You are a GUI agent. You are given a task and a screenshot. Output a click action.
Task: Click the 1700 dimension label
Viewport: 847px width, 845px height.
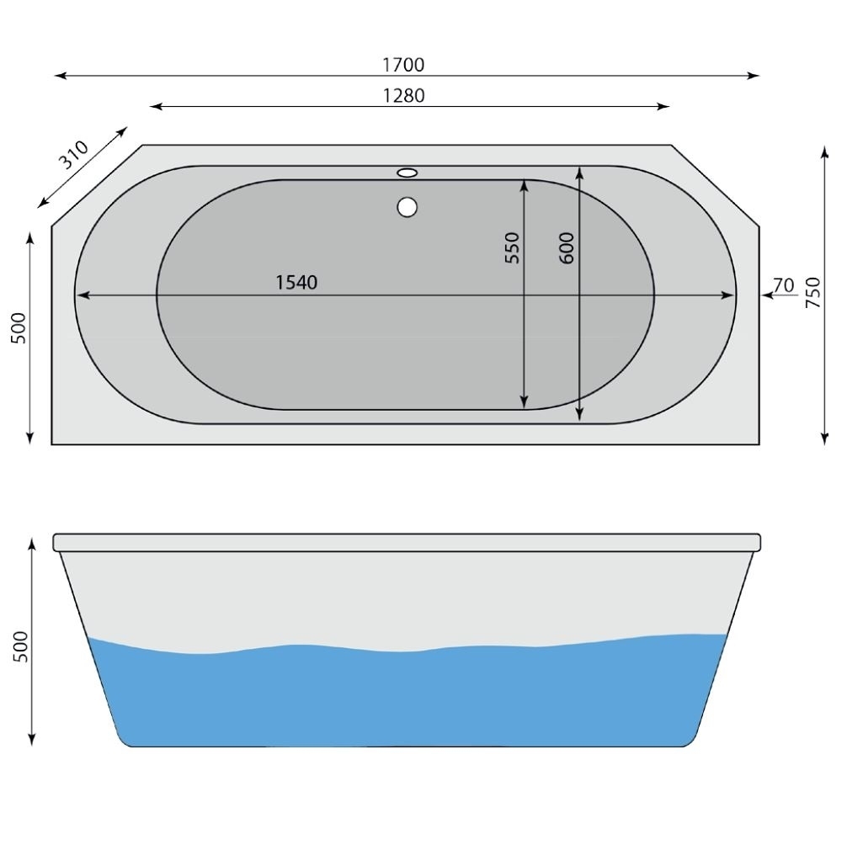(404, 65)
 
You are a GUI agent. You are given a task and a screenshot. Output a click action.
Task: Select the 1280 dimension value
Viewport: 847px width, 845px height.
(404, 96)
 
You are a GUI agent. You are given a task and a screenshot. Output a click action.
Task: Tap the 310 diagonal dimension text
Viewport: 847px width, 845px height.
(73, 155)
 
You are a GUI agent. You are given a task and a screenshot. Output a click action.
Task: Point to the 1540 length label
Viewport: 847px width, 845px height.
(297, 283)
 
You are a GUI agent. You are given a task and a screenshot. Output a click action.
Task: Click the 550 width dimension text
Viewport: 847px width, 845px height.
(513, 247)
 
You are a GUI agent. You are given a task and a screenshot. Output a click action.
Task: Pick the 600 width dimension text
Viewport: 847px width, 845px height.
(566, 247)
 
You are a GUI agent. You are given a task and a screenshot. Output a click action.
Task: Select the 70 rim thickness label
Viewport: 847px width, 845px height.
(783, 285)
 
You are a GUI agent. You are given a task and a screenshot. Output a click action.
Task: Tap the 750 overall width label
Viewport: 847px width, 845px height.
(812, 293)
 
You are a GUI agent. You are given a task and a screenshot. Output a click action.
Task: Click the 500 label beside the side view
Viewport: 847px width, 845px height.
(21, 646)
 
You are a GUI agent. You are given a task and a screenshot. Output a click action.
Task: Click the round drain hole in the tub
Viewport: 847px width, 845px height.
(408, 206)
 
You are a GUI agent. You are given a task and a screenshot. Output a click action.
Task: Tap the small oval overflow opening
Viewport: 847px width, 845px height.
(408, 173)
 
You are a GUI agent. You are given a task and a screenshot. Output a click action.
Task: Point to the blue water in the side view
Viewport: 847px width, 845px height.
(404, 699)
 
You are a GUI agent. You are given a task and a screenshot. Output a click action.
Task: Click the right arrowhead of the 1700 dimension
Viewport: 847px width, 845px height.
(754, 76)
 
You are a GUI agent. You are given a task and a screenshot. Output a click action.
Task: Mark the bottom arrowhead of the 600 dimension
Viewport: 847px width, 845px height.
(580, 415)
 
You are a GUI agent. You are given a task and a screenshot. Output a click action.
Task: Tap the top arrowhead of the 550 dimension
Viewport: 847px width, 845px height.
(525, 185)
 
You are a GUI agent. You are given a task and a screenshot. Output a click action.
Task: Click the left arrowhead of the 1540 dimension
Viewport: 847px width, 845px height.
(82, 295)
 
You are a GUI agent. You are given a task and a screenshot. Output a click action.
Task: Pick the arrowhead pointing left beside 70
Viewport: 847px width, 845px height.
(766, 295)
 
